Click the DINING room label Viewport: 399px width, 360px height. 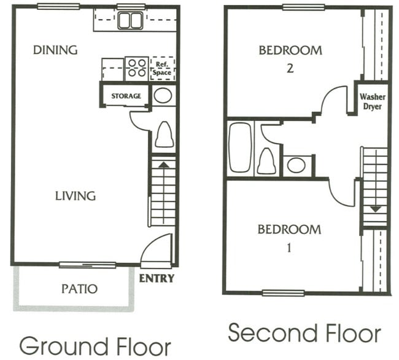pos(55,50)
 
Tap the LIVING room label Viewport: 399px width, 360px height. pos(75,196)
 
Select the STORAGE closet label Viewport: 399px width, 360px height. pos(126,96)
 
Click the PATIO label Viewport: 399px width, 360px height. pos(80,288)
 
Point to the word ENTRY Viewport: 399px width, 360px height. pos(157,278)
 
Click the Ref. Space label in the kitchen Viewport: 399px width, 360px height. pos(162,68)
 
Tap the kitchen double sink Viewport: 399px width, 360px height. pos(130,21)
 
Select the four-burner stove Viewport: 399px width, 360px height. pos(136,68)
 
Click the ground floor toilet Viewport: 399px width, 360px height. pos(164,134)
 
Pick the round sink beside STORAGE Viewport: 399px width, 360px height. pos(163,95)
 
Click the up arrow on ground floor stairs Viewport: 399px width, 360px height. pos(163,165)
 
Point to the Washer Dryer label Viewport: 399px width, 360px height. pos(372,101)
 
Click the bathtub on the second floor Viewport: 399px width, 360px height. pos(240,147)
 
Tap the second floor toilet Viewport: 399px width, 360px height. pos(266,161)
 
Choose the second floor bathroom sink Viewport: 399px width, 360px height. pos(297,165)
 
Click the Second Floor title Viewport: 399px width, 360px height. pos(304,334)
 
